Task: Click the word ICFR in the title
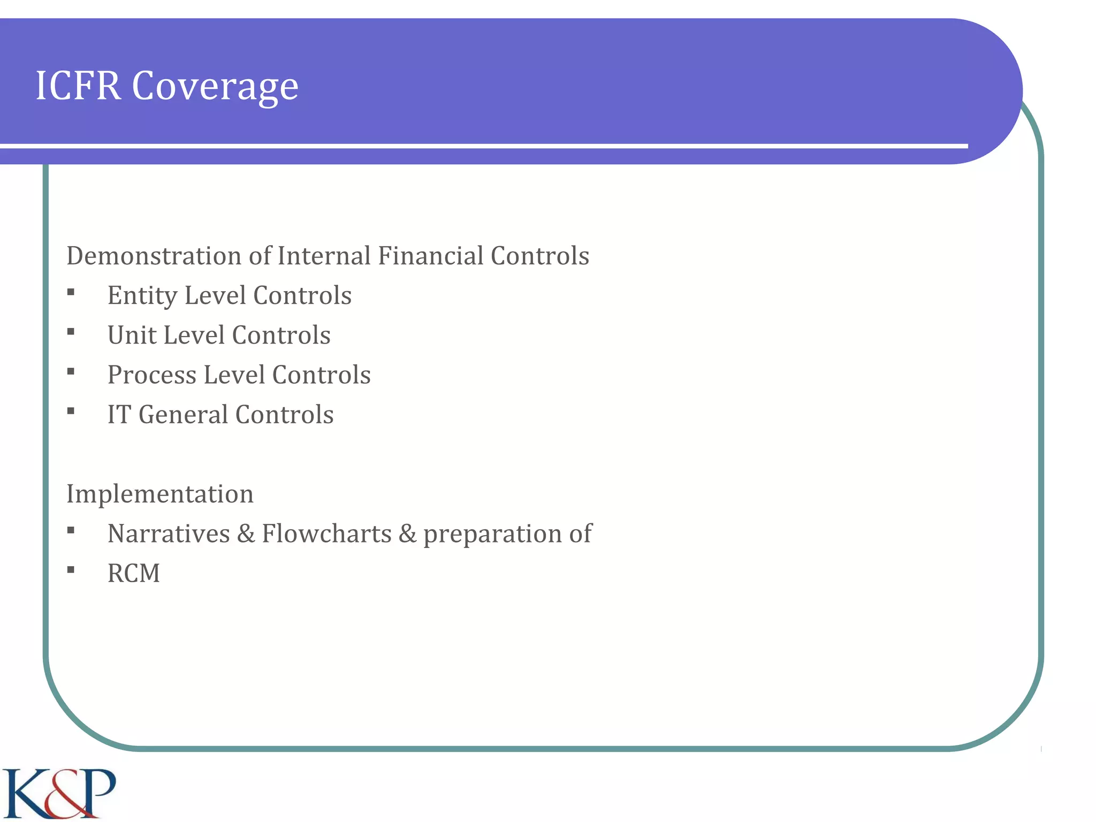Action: point(78,86)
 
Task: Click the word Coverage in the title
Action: point(215,87)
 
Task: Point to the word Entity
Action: point(142,296)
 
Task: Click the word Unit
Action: point(131,336)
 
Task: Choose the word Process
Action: point(152,375)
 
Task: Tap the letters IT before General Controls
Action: point(119,415)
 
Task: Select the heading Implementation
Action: point(159,494)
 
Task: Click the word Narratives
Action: point(169,534)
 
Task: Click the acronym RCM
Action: point(134,573)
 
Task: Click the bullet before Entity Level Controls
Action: point(71,292)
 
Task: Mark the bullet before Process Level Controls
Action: point(71,371)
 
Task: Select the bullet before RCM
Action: point(71,570)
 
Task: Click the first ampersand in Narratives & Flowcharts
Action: point(246,534)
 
